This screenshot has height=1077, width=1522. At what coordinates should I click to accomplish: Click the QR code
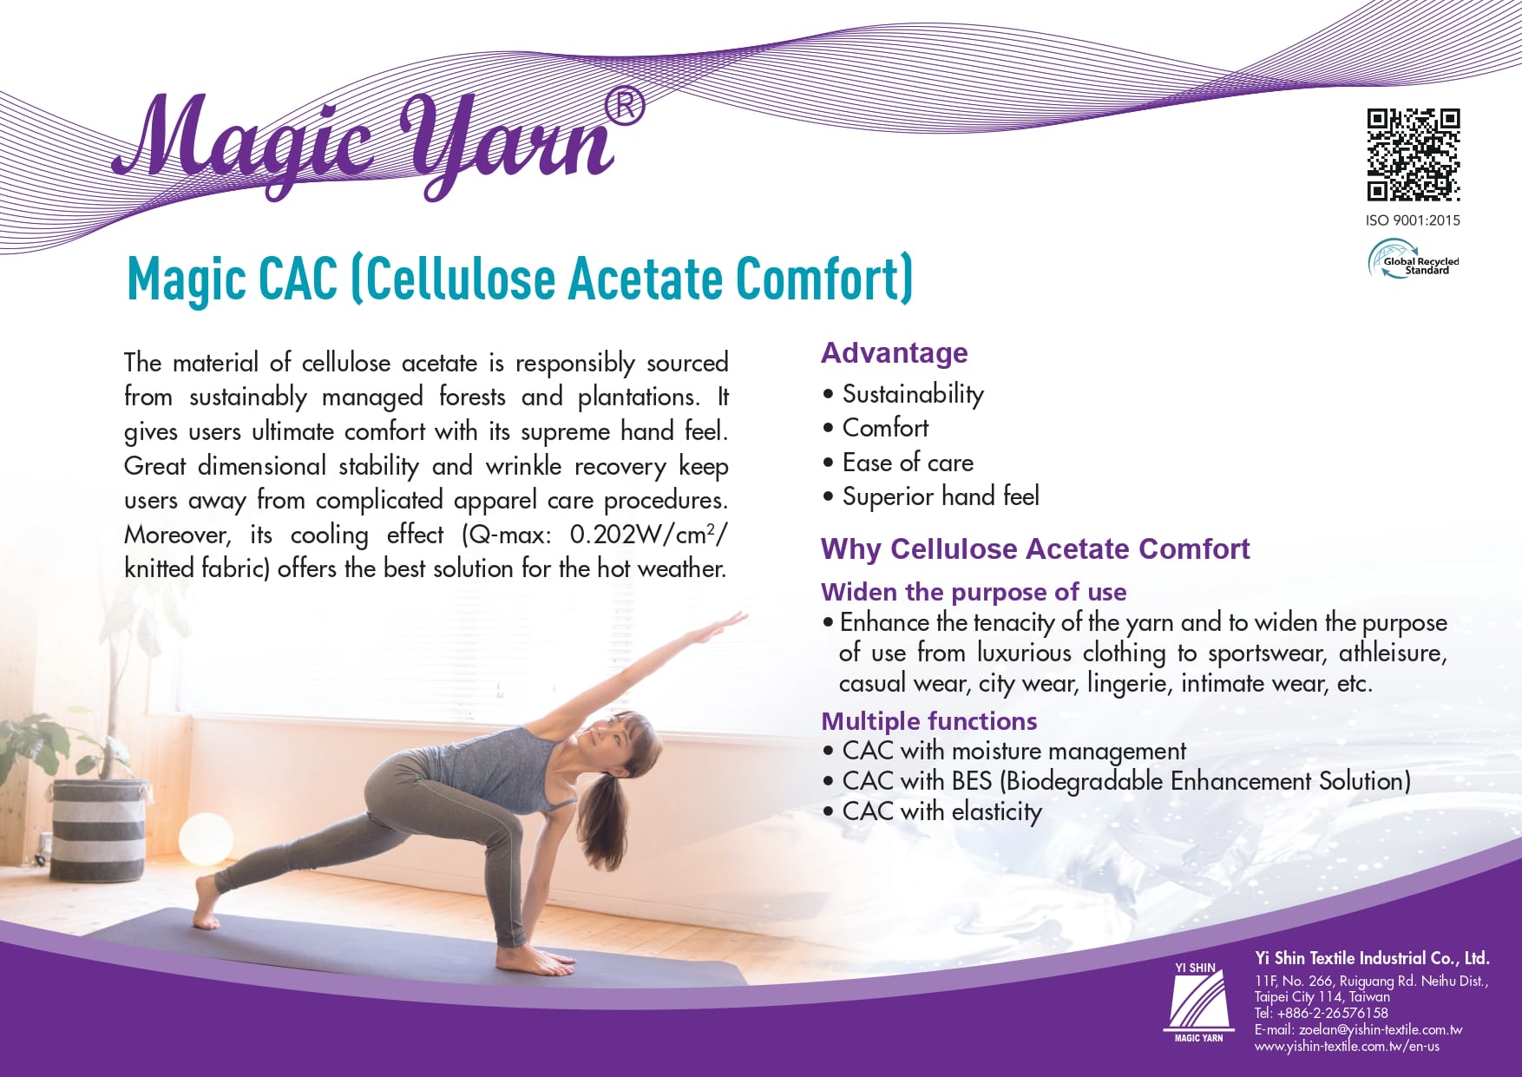[1414, 154]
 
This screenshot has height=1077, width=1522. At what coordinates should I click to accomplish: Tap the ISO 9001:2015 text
[1413, 220]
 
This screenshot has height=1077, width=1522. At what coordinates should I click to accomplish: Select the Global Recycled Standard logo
[1414, 259]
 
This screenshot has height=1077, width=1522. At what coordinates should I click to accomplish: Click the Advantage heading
[895, 353]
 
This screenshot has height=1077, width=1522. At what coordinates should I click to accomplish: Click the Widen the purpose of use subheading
[974, 592]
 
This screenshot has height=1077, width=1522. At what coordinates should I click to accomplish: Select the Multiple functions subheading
[929, 721]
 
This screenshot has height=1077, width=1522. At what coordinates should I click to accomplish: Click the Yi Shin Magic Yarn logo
[1198, 1001]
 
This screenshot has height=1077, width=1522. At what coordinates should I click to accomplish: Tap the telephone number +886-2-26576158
[1333, 1013]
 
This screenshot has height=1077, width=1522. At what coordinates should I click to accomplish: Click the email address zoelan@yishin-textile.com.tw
[1381, 1029]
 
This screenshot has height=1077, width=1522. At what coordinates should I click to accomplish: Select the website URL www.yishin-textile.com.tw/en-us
[1347, 1046]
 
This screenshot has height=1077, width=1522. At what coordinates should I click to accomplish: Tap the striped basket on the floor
[97, 829]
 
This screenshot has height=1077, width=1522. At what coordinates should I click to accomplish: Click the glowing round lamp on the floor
[206, 837]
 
